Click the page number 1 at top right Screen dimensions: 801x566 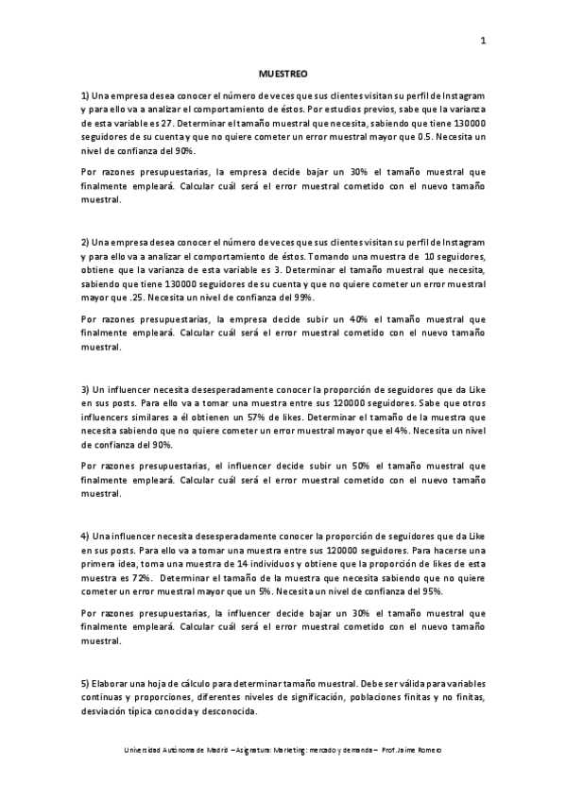tap(483, 40)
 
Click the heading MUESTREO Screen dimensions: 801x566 tap(283, 73)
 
